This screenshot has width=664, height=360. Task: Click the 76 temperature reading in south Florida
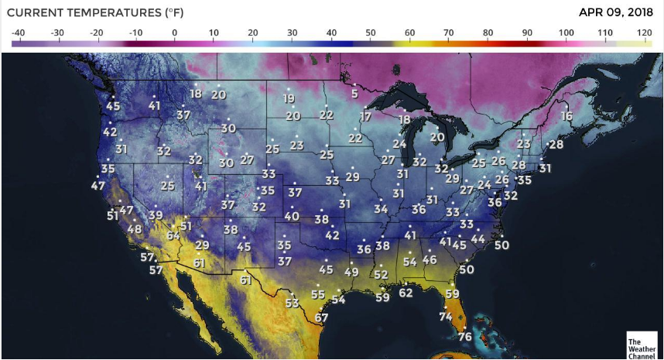(464, 337)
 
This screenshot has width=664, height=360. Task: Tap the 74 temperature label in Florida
(446, 317)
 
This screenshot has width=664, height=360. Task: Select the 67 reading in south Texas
(322, 317)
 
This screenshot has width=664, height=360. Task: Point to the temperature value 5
(354, 94)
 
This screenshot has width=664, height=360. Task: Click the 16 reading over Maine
(566, 116)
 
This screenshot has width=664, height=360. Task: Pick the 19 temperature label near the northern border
(289, 99)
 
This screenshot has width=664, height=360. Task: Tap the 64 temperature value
(173, 235)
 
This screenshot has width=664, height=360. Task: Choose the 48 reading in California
(135, 228)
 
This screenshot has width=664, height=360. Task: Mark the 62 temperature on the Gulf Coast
(406, 293)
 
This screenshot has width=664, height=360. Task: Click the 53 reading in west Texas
(292, 303)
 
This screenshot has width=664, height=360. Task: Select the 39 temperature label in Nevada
(156, 215)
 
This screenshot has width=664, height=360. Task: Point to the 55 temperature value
(318, 294)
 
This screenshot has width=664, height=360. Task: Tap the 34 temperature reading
(381, 209)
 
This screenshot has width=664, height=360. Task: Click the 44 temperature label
(477, 239)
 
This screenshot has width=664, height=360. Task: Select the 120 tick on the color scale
(644, 33)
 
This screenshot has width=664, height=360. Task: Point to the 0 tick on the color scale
(174, 33)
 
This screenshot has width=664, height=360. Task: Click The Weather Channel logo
(642, 346)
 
